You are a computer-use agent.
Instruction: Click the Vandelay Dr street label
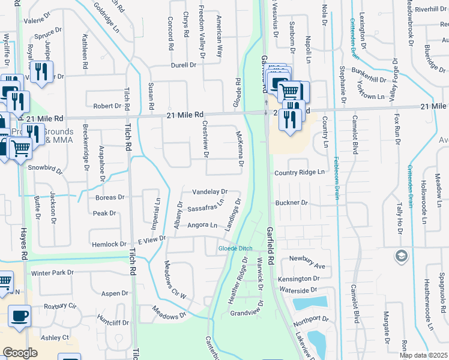(x=209, y=192)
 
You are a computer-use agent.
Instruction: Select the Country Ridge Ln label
(x=300, y=172)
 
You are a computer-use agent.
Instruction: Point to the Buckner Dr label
(x=291, y=203)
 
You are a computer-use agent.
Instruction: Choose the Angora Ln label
(x=202, y=226)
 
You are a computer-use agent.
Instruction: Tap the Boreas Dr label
(x=109, y=197)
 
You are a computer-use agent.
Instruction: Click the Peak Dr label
(x=104, y=213)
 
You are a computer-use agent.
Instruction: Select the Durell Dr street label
(x=184, y=65)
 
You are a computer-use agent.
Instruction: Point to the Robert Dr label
(x=107, y=106)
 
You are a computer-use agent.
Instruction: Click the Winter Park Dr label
(x=52, y=273)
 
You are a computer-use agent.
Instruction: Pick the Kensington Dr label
(x=299, y=279)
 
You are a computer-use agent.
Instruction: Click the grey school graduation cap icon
(x=400, y=257)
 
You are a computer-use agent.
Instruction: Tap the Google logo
(x=20, y=353)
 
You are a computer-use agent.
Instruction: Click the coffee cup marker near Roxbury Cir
(x=20, y=315)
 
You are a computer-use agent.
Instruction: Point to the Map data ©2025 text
(x=424, y=355)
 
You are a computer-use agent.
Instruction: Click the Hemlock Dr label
(x=109, y=244)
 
